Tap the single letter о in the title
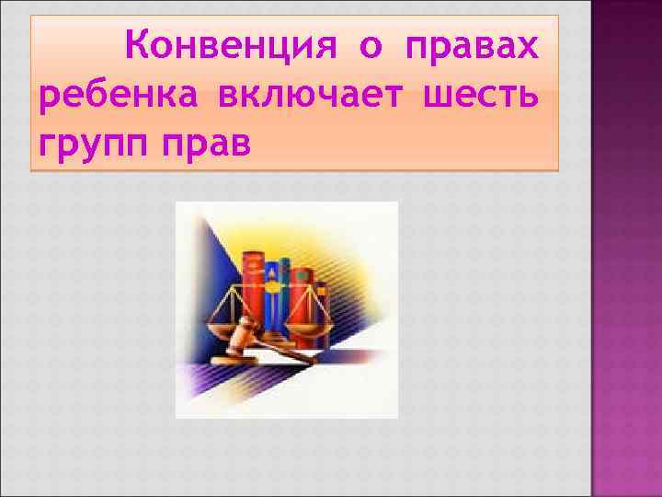[371, 44]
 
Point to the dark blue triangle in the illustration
[198, 276]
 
